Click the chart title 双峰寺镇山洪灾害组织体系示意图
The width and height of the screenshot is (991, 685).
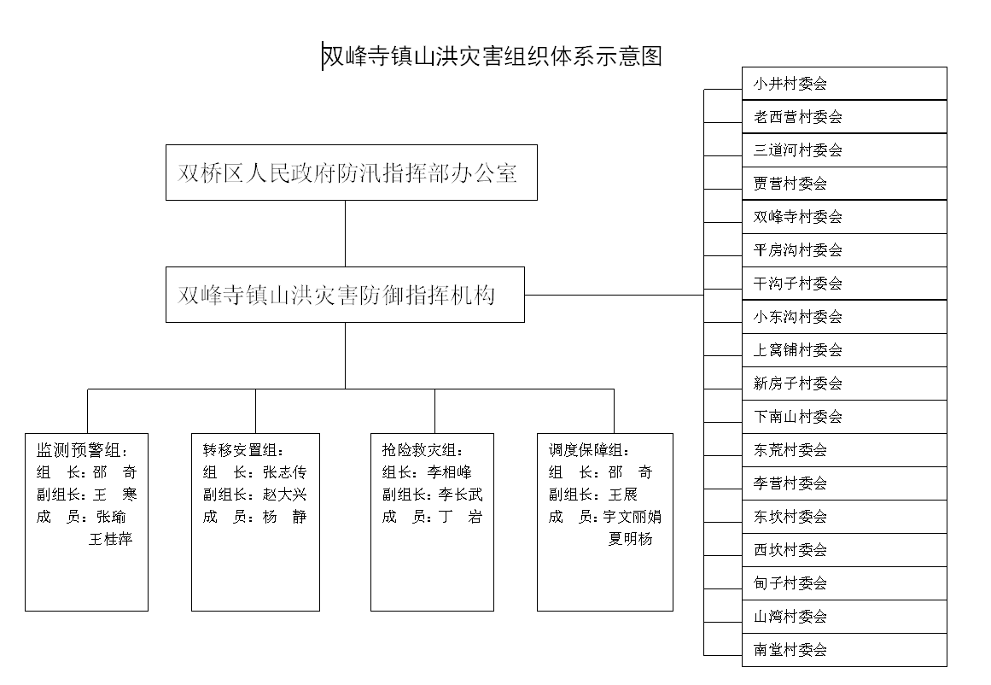click(492, 56)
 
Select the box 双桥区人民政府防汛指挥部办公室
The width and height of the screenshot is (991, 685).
click(352, 173)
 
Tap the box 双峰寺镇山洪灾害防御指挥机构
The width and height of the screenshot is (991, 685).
click(345, 295)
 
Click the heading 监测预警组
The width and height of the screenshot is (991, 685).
click(82, 450)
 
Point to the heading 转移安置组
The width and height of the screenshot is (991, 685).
click(243, 450)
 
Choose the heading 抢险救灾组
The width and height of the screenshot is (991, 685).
click(423, 450)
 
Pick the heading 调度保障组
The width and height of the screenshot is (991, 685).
click(589, 450)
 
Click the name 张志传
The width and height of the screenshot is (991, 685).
click(285, 472)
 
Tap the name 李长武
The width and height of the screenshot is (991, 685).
click(461, 495)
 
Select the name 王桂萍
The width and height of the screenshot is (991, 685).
click(111, 539)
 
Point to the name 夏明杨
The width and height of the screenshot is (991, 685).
click(630, 539)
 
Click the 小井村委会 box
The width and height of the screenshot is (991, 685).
click(844, 84)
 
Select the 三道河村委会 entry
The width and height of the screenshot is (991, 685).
click(844, 150)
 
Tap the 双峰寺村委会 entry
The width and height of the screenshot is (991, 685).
click(844, 217)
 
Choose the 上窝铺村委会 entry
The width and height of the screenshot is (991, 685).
click(844, 350)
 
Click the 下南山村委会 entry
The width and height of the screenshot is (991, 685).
click(844, 417)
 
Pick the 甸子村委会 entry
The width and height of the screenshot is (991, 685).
click(844, 583)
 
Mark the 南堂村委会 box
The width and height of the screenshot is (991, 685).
click(844, 650)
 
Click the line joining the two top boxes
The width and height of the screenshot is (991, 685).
click(345, 233)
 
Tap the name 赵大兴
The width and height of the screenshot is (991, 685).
click(285, 495)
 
